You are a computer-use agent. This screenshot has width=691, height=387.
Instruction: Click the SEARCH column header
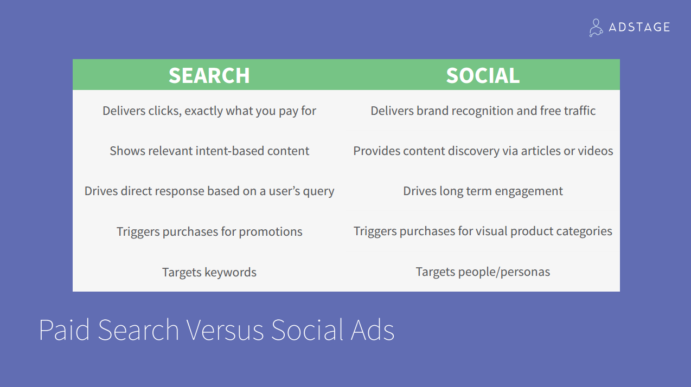[x=209, y=75]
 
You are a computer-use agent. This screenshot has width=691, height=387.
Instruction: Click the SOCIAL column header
[x=483, y=75]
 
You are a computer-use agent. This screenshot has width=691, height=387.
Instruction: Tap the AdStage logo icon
[x=596, y=28]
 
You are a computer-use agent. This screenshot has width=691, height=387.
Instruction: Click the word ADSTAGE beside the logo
[x=639, y=27]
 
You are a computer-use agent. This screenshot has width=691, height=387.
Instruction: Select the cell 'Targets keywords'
[x=209, y=272]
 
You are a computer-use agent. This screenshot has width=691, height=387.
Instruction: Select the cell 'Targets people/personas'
[x=483, y=272]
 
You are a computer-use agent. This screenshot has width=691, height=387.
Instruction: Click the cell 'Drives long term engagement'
[x=483, y=191]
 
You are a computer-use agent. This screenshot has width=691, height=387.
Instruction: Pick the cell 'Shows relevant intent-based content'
[x=209, y=151]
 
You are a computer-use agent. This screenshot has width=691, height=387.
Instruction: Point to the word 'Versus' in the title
[x=225, y=330]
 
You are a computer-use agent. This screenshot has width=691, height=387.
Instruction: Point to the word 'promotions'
[x=271, y=232]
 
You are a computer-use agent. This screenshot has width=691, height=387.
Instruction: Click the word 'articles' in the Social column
[x=541, y=151]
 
